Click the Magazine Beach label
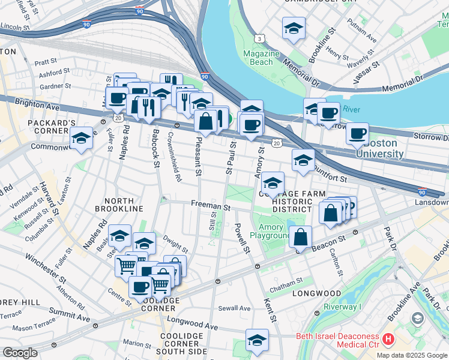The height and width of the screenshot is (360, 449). pyautogui.click(x=261, y=58)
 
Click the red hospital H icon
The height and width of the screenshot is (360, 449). pyautogui.click(x=388, y=340)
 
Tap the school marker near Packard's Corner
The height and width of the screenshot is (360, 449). pyautogui.click(x=81, y=137)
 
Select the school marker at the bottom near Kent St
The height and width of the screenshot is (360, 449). pyautogui.click(x=257, y=340)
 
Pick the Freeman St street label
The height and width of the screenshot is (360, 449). pyautogui.click(x=211, y=206)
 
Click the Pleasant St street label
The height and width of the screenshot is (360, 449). pyautogui.click(x=197, y=155)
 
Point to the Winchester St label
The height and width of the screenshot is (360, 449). pyautogui.click(x=46, y=268)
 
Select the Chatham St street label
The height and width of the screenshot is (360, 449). pyautogui.click(x=286, y=282)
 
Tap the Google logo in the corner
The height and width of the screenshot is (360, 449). pyautogui.click(x=20, y=353)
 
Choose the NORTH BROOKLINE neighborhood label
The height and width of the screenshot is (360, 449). pyautogui.click(x=124, y=204)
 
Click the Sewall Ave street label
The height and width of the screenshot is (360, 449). pyautogui.click(x=234, y=308)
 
